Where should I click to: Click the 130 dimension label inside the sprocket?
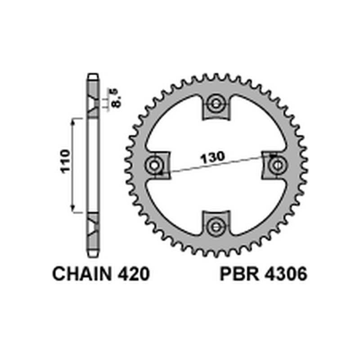[211, 157]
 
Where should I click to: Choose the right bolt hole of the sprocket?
[276, 165]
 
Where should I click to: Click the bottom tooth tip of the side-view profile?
[93, 255]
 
